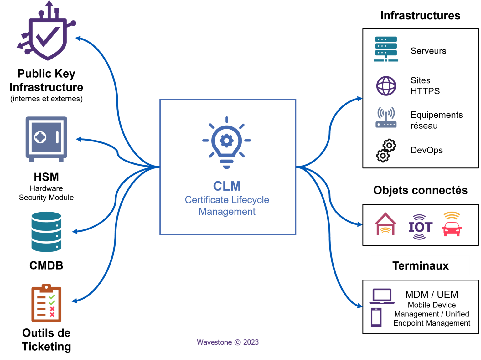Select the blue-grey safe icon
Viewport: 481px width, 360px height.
click(46, 138)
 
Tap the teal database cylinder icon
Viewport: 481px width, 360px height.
click(46, 232)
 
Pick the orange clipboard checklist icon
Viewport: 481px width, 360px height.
click(46, 303)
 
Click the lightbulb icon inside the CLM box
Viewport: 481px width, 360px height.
click(227, 142)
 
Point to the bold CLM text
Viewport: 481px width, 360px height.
click(227, 186)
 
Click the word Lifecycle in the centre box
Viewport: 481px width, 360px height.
click(250, 200)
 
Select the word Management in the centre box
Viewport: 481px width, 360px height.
click(227, 212)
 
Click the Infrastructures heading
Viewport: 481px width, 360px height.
click(420, 15)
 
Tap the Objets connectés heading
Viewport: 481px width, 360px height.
click(420, 190)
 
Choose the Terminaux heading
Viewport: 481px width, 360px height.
click(420, 265)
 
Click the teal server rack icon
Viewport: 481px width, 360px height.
click(386, 49)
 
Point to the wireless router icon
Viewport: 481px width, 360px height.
click(386, 117)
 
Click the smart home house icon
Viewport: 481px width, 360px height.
click(385, 224)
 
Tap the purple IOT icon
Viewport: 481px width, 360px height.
click(420, 227)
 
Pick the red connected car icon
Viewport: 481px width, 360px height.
click(452, 224)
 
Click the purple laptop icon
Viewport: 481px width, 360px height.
click(382, 296)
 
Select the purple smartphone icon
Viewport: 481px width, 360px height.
click(376, 317)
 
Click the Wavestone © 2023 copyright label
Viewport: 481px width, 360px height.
click(228, 342)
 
